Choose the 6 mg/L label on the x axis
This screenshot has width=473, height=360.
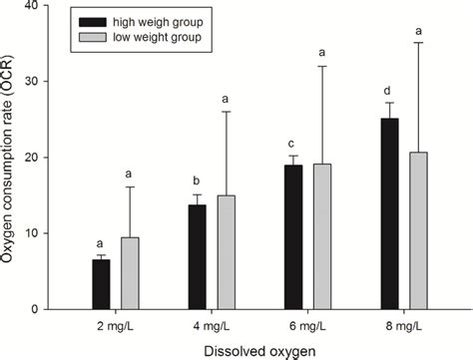point(307,325)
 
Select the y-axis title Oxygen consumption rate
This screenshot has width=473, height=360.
point(12,158)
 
